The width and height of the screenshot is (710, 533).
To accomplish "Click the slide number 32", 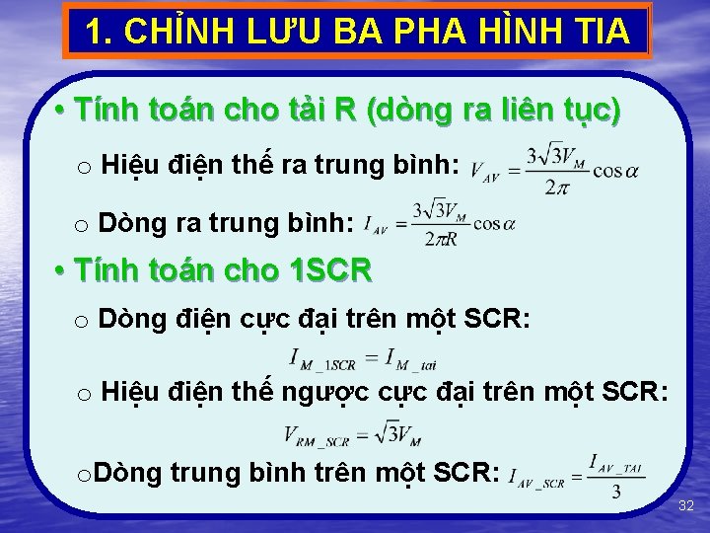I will [x=686, y=505].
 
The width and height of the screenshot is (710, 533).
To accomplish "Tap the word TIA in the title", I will [x=594, y=32].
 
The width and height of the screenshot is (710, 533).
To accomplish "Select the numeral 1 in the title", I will [x=95, y=32].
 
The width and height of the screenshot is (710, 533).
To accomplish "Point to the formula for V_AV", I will [x=553, y=170].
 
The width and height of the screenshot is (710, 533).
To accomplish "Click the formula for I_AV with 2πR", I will [x=439, y=225].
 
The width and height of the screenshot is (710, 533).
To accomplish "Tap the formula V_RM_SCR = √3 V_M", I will [x=352, y=433].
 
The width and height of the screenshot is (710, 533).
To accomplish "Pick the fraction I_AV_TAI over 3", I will [x=614, y=476].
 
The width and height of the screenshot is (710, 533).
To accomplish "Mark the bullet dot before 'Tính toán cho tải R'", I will [x=60, y=110].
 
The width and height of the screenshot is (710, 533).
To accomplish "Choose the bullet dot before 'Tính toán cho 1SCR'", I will [x=60, y=268].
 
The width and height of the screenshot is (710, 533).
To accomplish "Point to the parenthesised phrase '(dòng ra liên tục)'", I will [x=493, y=110].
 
